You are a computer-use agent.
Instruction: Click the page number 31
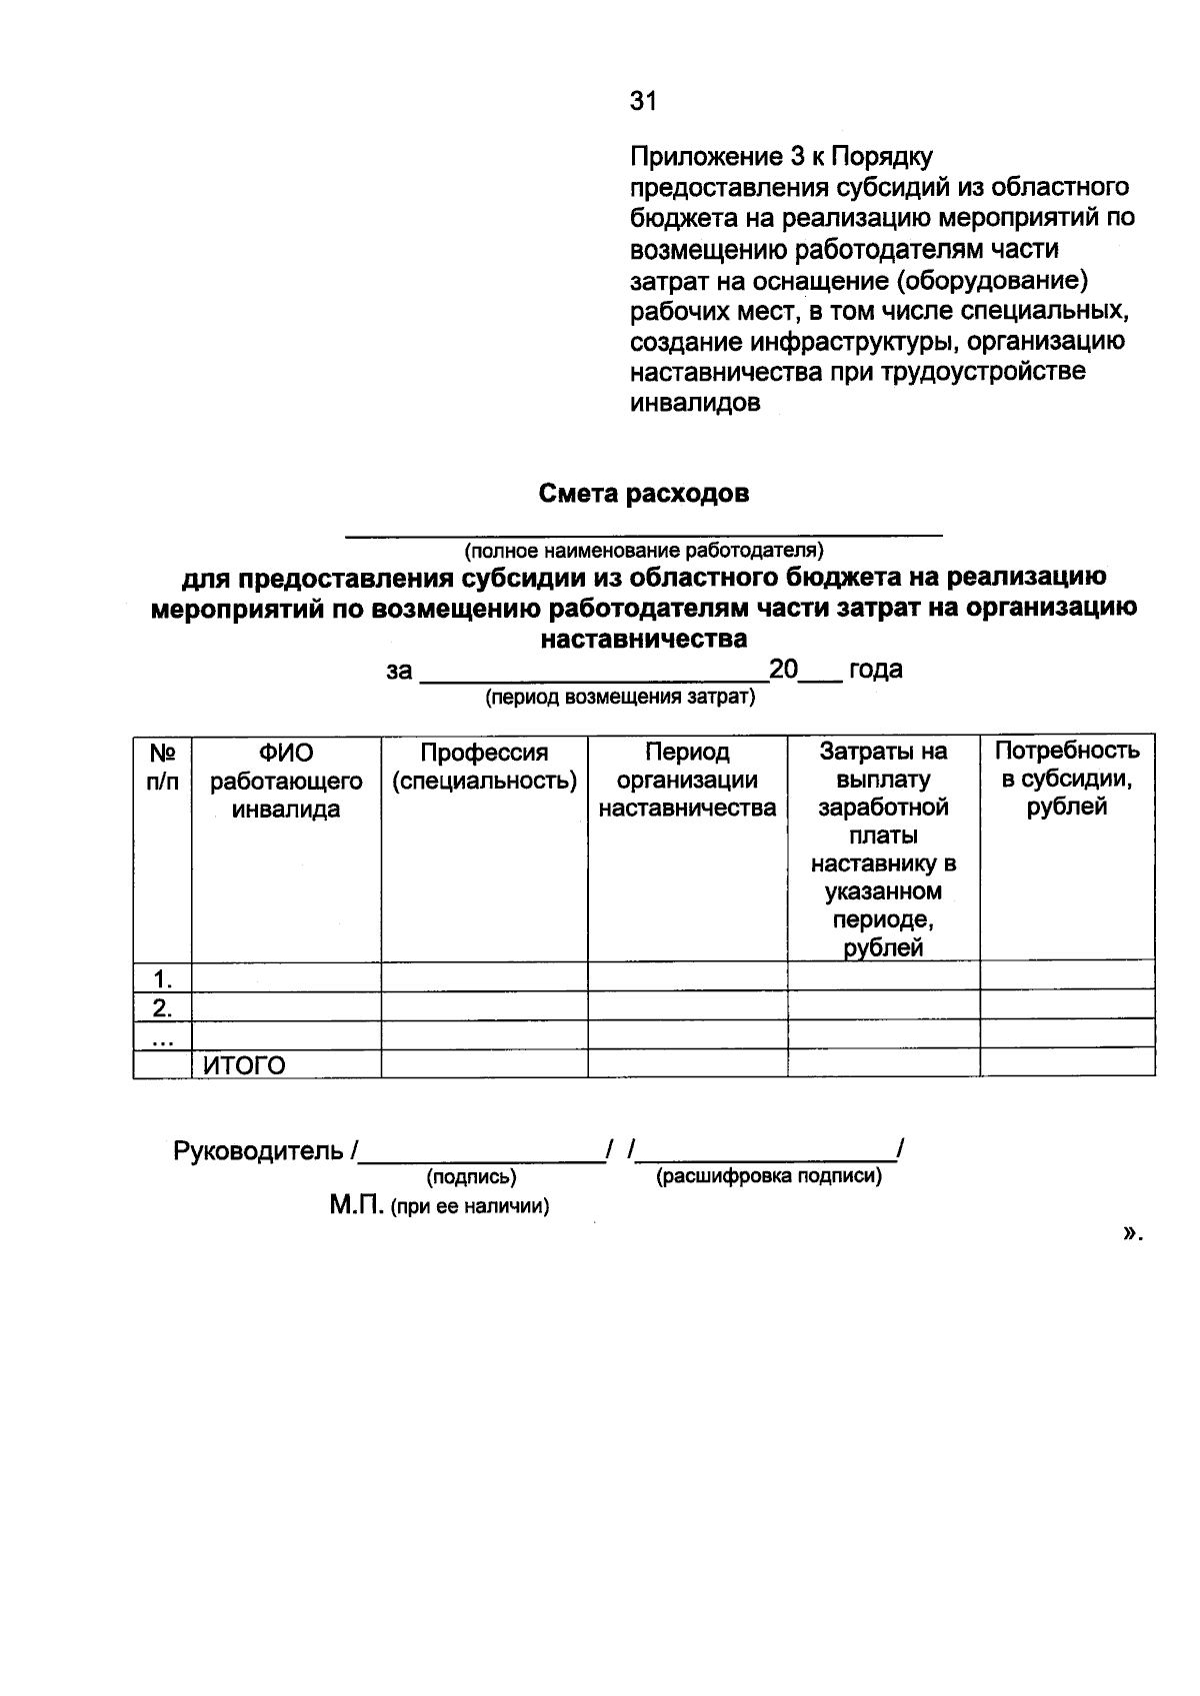pos(643,101)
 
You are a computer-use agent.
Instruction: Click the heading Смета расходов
pos(643,494)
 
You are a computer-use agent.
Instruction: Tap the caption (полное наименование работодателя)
pos(643,551)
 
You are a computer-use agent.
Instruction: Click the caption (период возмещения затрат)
pos(620,698)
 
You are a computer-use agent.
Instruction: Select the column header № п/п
pos(162,767)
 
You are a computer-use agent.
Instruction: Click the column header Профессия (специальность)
pos(484,767)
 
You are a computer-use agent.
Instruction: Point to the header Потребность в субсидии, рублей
pos(1067,779)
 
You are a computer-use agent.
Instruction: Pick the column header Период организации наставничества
pos(687,780)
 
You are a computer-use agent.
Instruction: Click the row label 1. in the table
pos(162,977)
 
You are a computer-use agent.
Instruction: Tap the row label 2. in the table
pos(162,1006)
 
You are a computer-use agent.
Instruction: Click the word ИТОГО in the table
pos(244,1066)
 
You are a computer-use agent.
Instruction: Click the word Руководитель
pos(259,1151)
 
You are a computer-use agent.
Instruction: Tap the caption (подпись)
pos(471,1177)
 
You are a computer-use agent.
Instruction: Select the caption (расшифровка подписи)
pos(768,1176)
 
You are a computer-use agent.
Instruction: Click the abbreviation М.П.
pos(356,1205)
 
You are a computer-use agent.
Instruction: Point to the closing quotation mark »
pos(1131,1234)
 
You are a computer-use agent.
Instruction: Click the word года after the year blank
pos(875,670)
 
